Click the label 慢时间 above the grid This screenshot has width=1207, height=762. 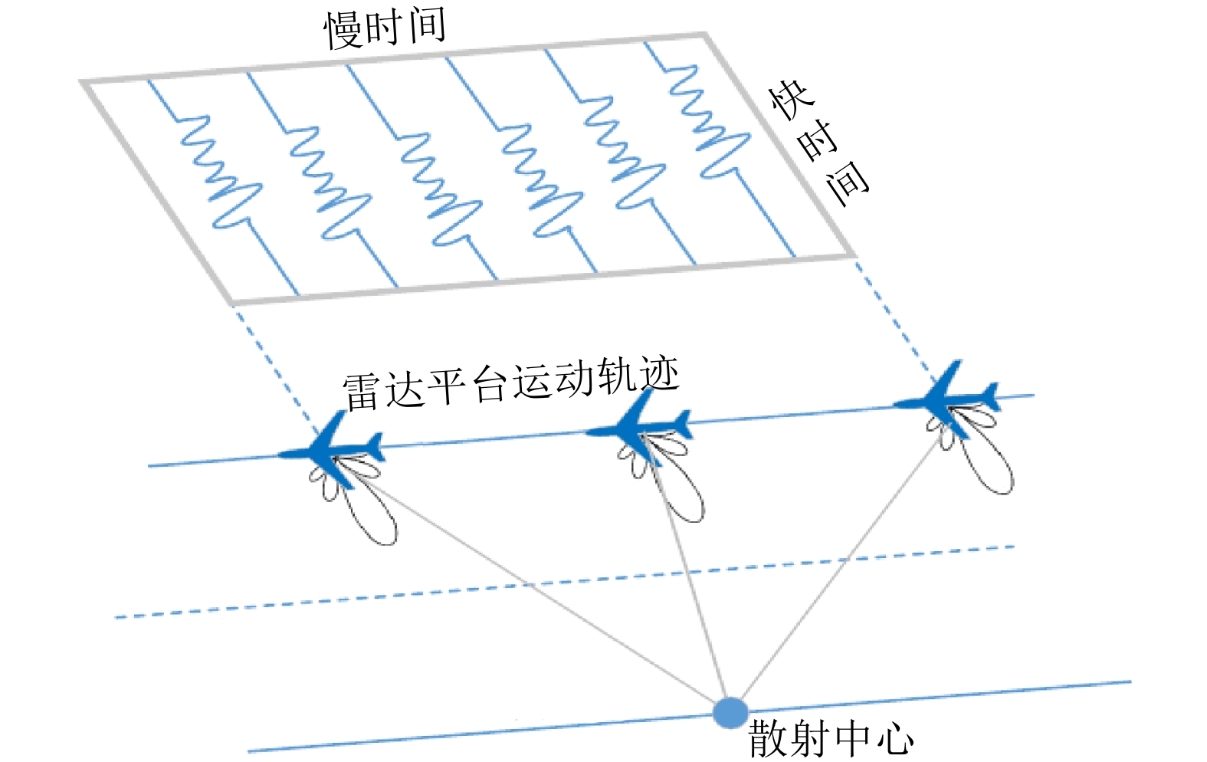(385, 28)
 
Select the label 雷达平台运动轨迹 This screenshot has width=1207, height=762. (510, 384)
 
